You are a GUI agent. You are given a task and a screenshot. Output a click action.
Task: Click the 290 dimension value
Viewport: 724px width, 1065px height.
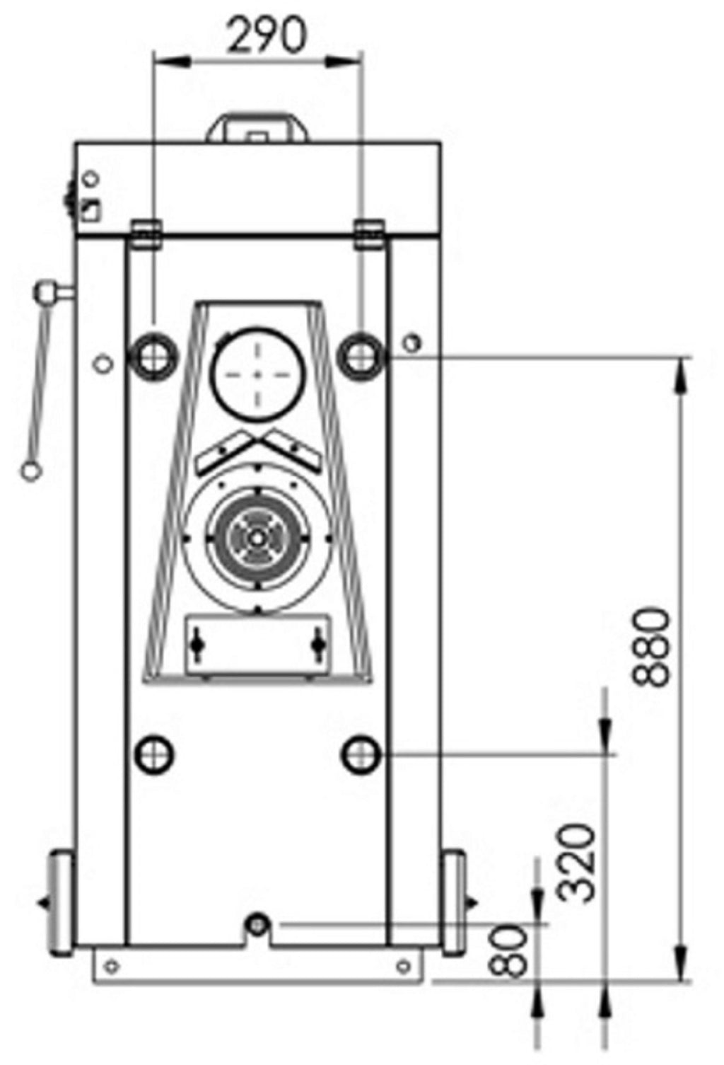click(267, 35)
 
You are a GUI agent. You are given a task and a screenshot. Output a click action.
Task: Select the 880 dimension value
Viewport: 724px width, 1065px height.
click(652, 648)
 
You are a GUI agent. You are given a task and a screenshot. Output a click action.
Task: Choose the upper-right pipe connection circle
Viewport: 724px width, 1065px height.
click(361, 357)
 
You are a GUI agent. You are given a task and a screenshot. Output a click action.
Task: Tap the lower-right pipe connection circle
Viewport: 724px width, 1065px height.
click(361, 754)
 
